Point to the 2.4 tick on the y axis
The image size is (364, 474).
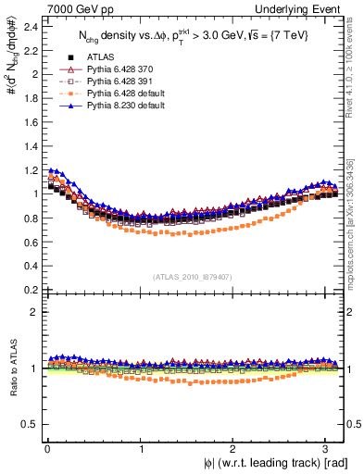31,26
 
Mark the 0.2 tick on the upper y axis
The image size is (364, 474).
31,289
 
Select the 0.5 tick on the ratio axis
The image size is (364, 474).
31,424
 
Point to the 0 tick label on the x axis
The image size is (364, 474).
47,448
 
